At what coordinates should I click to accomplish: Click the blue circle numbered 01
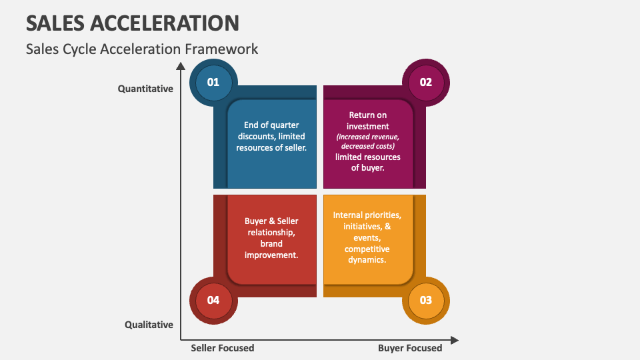click(213, 83)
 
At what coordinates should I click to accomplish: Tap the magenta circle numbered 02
click(426, 83)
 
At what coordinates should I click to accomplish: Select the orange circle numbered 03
click(426, 300)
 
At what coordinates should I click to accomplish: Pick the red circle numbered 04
click(213, 300)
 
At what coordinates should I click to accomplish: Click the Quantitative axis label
click(145, 89)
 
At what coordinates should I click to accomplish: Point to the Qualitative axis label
click(149, 325)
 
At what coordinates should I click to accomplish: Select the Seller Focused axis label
click(223, 348)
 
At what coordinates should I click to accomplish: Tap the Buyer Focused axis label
click(410, 348)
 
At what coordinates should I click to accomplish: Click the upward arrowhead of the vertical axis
click(180, 65)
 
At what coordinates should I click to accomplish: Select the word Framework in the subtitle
click(223, 49)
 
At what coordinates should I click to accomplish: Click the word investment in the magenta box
click(367, 125)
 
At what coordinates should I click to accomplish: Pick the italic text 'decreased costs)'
click(368, 145)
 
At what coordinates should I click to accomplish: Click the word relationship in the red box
click(271, 232)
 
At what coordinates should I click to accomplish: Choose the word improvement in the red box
click(271, 255)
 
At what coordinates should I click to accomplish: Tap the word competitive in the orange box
click(367, 249)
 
